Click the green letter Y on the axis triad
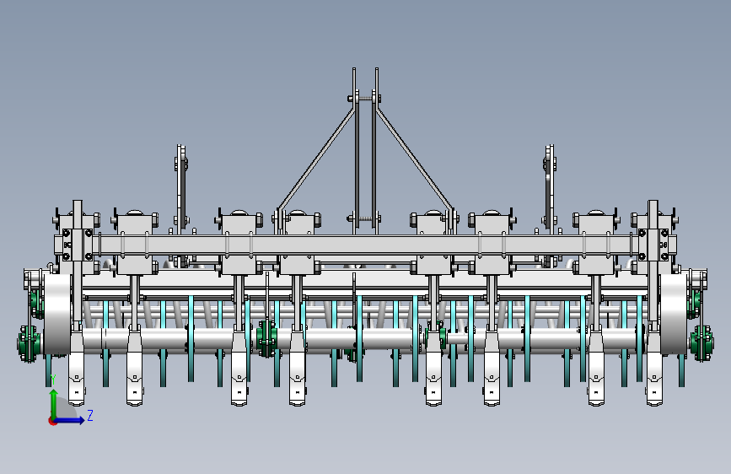53,379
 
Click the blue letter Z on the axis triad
90,415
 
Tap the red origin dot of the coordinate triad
52,421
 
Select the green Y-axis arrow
54,403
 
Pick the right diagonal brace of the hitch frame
415,159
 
